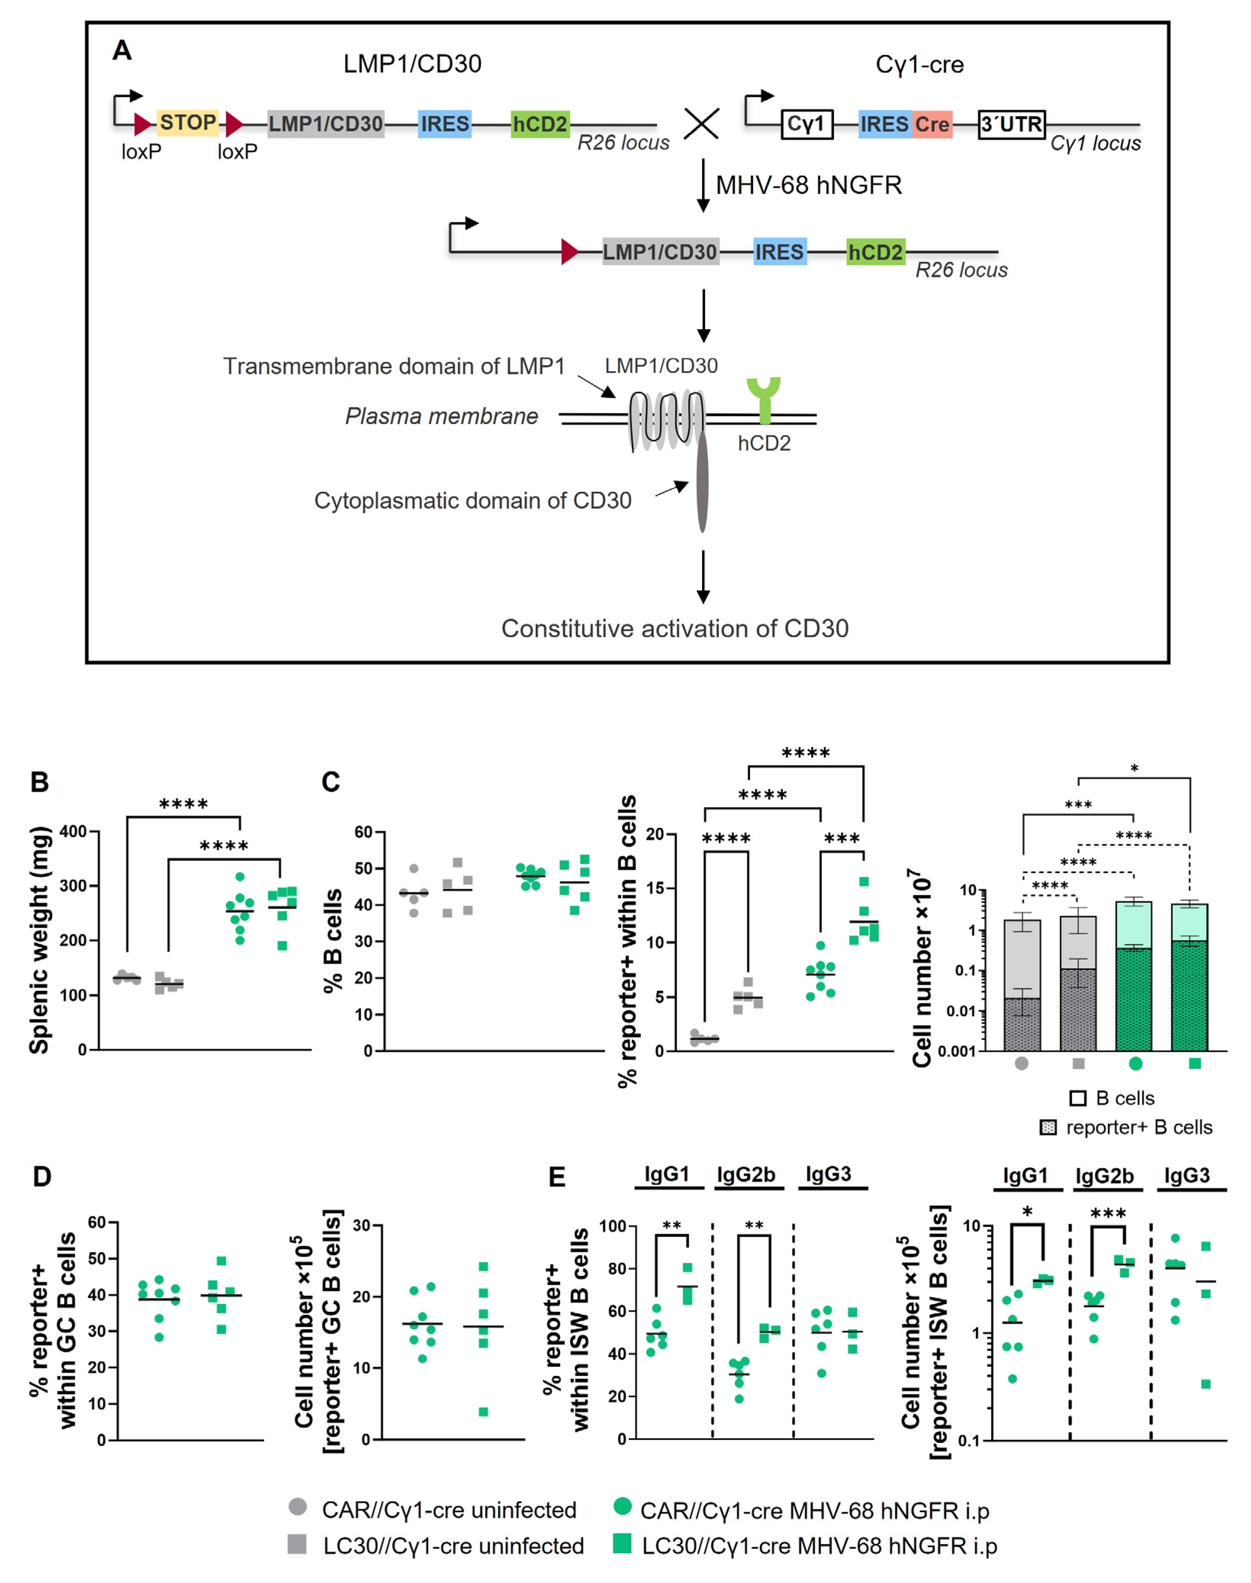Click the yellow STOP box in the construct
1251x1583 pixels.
point(187,123)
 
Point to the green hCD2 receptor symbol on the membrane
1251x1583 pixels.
point(764,399)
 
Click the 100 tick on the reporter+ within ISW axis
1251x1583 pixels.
point(612,1226)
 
